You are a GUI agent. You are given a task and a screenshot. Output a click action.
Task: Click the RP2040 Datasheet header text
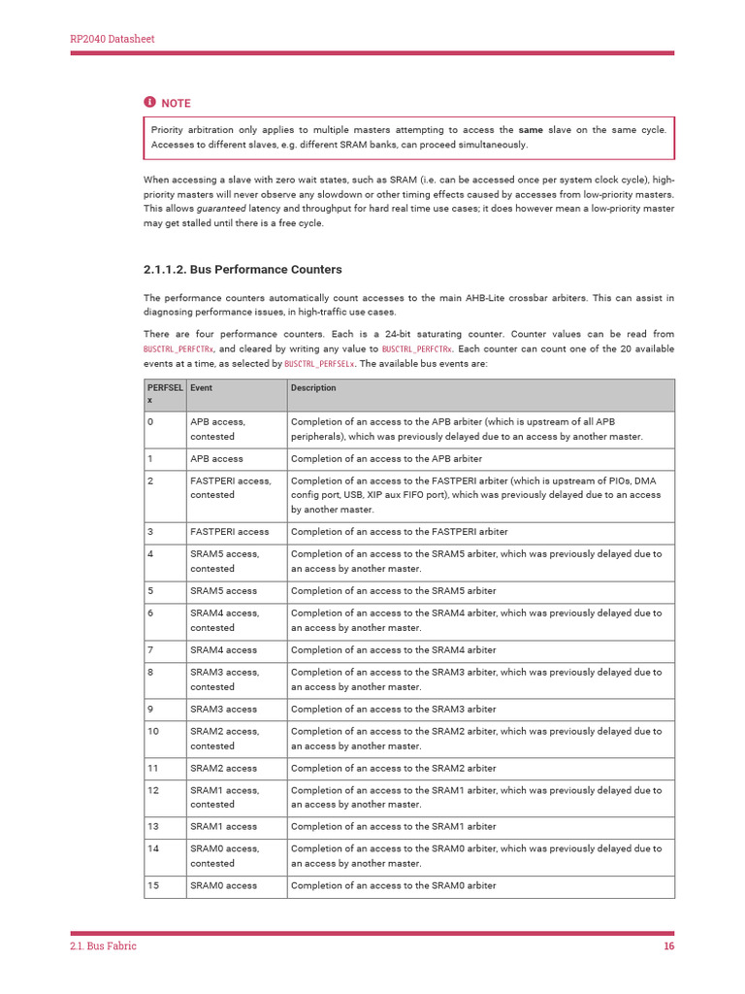tap(113, 39)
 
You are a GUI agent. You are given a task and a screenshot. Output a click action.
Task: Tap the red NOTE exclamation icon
tap(149, 102)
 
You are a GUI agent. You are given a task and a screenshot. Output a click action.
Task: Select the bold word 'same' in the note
tap(531, 129)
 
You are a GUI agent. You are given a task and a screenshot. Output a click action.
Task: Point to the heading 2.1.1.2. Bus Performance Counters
tap(243, 269)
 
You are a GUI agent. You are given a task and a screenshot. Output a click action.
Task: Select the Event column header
tap(202, 388)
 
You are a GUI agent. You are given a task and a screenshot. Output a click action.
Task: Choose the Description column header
tap(313, 388)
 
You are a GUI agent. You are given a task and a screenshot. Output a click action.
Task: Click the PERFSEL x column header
tap(165, 394)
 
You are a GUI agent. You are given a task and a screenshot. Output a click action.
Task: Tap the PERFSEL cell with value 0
tap(151, 422)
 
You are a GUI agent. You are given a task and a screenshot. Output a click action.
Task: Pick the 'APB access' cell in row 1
tap(217, 458)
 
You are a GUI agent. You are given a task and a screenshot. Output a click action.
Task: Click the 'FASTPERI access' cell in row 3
tap(230, 532)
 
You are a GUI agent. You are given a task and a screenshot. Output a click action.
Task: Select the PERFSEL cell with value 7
tap(151, 650)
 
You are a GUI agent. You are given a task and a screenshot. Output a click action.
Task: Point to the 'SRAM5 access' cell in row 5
tap(224, 591)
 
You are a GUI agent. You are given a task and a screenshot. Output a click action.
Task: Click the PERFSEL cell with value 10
tap(154, 731)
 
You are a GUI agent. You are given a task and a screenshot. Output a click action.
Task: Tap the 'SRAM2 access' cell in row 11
tap(224, 768)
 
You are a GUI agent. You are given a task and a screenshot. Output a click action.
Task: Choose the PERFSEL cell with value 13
tap(154, 827)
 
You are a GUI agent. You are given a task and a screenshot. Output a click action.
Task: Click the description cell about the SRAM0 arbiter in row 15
tap(393, 885)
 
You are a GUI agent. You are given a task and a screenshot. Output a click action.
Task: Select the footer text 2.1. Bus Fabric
tap(103, 947)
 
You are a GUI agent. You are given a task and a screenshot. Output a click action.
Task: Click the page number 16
tap(668, 947)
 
